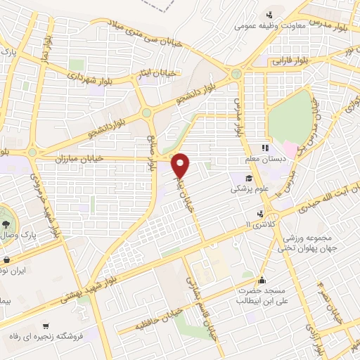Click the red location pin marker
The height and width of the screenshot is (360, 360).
(x=181, y=165)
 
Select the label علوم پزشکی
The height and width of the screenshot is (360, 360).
(x=251, y=189)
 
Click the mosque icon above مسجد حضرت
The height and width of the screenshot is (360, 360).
(x=263, y=279)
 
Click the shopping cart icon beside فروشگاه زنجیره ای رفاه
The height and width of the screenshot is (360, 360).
(x=46, y=326)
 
